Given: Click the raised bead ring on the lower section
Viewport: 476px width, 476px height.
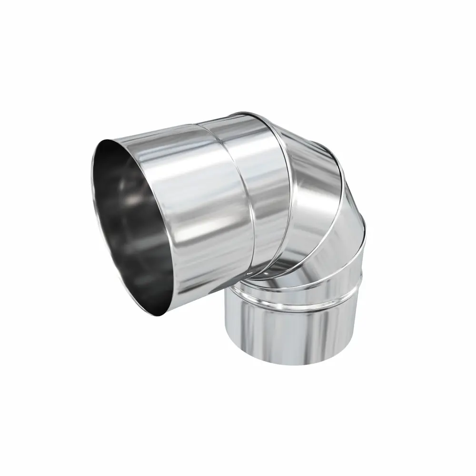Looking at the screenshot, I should [x=295, y=303].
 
